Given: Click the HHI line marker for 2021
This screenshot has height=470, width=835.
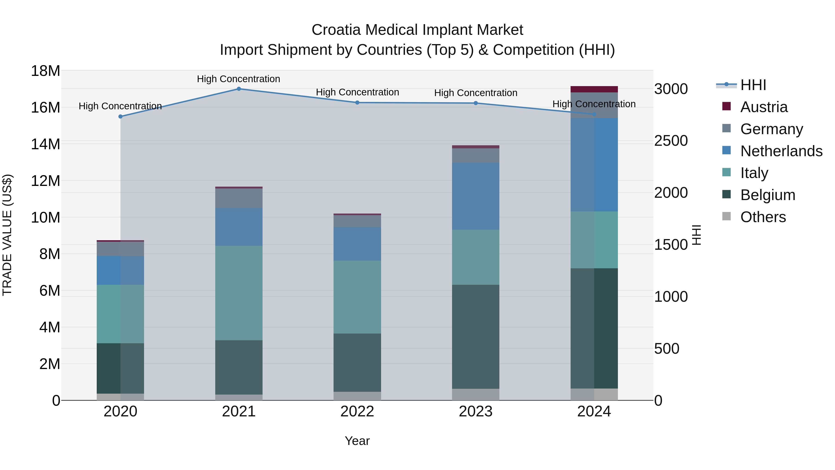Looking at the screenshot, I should coord(239,89).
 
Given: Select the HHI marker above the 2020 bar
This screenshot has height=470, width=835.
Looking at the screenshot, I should coord(120,117).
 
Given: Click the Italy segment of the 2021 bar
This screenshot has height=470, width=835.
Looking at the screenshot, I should coord(239,293).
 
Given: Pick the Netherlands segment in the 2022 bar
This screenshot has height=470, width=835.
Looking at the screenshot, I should coord(357,244).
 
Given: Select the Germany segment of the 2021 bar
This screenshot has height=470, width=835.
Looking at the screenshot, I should coord(239,198).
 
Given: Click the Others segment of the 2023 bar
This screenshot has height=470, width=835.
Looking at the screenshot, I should coord(475,394).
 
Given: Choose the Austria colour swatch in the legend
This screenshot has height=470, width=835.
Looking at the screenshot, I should coord(726,106).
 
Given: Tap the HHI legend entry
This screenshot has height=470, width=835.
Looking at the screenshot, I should coord(753,85).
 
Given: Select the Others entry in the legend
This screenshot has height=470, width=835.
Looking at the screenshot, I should coord(763,217).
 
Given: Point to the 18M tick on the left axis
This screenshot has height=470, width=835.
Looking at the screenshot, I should coord(45,71).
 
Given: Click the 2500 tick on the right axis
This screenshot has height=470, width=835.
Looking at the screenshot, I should coord(671,141).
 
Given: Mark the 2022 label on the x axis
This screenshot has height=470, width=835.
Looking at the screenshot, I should coord(357,411).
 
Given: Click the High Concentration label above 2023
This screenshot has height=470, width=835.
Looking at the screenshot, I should coord(475,93).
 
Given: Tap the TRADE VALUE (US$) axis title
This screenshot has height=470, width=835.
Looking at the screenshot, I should coord(7,235).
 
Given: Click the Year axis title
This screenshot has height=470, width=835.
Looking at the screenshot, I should coord(357,441).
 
